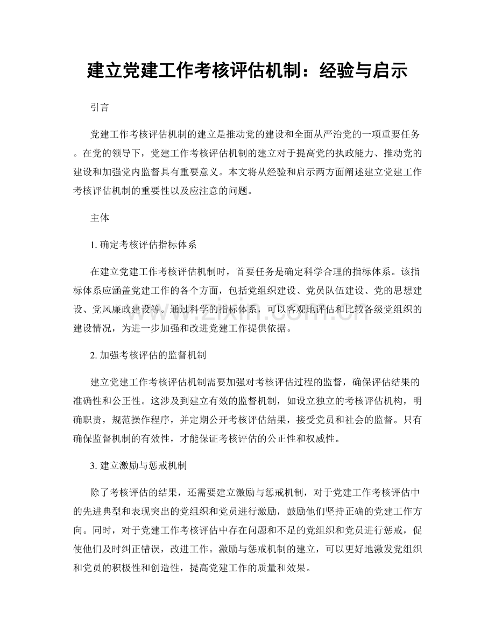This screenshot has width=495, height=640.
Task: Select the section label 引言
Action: click(100, 108)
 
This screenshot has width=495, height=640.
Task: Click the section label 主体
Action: click(100, 219)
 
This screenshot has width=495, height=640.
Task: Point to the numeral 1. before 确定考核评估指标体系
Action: click(95, 245)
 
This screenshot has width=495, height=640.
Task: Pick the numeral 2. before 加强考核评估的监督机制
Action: click(95, 355)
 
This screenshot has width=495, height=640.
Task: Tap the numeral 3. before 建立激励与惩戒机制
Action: click(95, 466)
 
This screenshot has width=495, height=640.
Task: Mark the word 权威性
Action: click(323, 438)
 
